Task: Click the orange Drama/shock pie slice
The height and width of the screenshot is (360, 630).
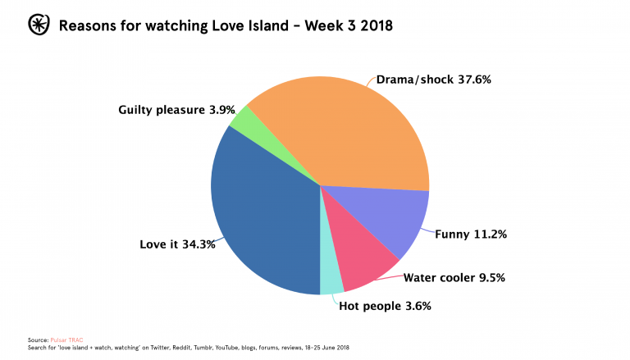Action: click(x=345, y=131)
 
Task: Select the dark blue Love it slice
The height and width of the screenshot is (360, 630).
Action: click(x=262, y=213)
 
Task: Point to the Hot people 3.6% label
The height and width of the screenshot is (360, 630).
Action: click(x=385, y=307)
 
